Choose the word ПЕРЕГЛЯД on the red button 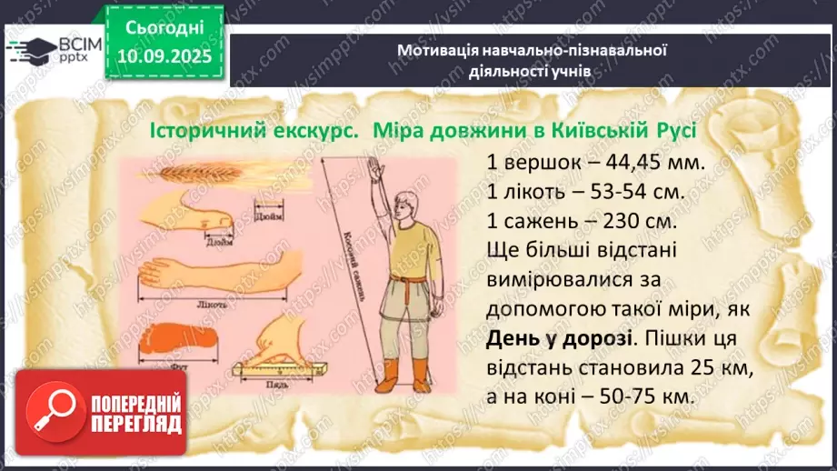click(136, 424)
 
